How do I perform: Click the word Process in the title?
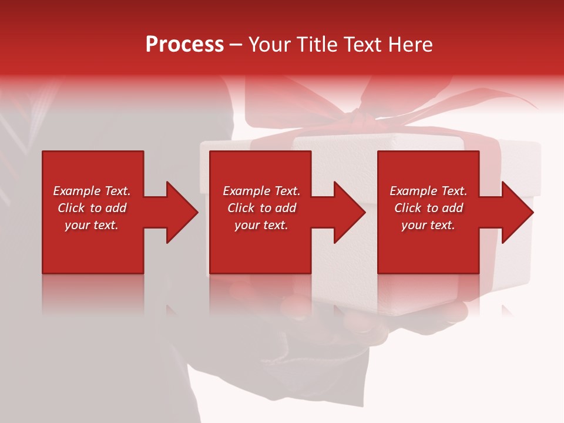[x=184, y=45]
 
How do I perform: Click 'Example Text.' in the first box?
[x=92, y=191]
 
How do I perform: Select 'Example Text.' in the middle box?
[x=261, y=191]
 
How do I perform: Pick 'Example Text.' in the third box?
[x=428, y=191]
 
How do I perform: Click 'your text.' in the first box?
[x=92, y=225]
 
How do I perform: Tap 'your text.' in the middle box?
[x=261, y=225]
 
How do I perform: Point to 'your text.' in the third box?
[x=428, y=225]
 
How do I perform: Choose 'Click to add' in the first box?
[x=92, y=208]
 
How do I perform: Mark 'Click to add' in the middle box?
[x=261, y=208]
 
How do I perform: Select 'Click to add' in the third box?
[x=428, y=208]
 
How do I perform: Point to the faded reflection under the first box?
[x=93, y=294]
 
